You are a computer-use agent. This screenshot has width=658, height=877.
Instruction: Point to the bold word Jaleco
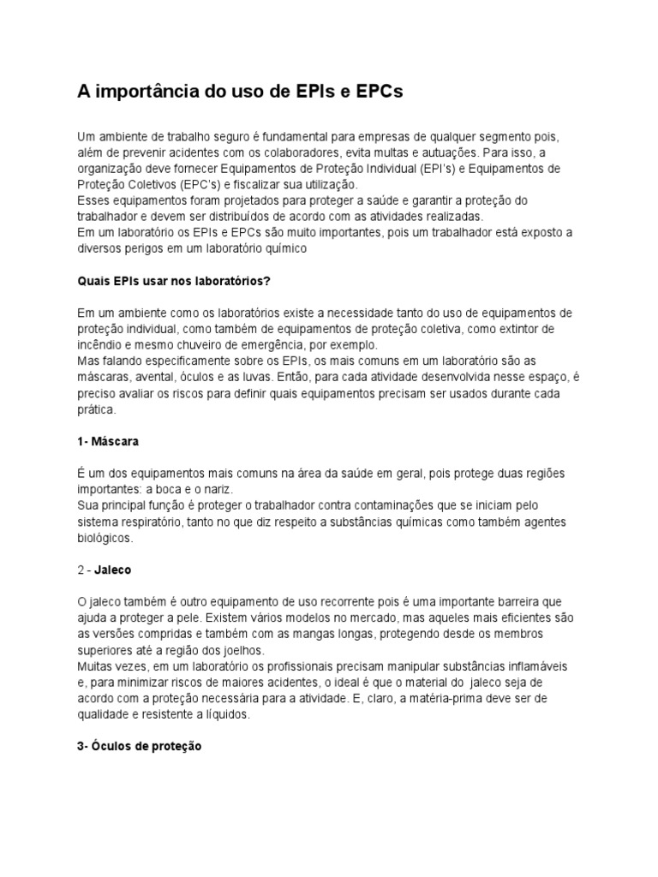click(x=115, y=570)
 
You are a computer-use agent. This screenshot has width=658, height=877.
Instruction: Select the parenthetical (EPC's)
click(x=182, y=184)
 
